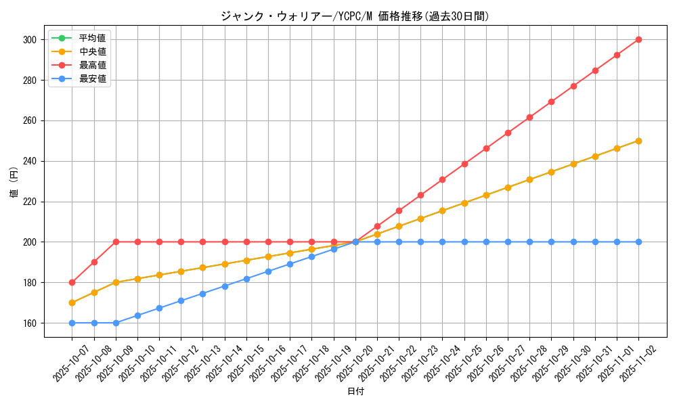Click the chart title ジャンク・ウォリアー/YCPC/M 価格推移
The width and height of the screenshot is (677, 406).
(x=355, y=16)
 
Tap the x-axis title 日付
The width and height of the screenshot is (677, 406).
(x=355, y=392)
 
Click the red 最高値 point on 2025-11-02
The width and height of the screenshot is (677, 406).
(x=638, y=39)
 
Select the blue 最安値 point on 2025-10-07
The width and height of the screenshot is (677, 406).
(x=72, y=323)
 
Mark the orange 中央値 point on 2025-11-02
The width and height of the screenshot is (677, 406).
(x=638, y=141)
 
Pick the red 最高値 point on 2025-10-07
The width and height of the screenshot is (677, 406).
(x=72, y=282)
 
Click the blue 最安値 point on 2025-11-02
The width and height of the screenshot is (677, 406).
(x=638, y=242)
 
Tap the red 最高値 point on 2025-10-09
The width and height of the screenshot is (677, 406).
(x=116, y=242)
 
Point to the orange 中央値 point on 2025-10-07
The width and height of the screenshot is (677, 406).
(x=72, y=302)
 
